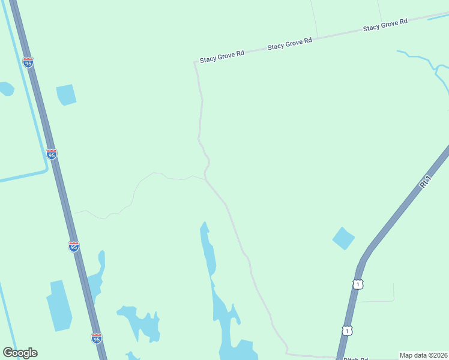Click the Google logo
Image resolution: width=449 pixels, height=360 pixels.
20,353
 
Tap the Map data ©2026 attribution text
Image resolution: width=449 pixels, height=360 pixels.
423,355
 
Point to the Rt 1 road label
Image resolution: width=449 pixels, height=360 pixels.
426,182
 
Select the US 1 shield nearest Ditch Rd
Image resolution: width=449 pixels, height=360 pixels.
346,331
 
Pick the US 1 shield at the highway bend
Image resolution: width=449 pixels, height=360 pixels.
358,284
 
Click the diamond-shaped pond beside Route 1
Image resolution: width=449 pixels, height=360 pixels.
343,238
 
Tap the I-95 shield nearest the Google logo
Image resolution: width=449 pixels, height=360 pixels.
96,338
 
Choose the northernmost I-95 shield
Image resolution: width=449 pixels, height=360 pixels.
28,62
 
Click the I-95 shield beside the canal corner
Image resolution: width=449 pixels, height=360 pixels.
52,154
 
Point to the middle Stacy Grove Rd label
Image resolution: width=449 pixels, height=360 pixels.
290,43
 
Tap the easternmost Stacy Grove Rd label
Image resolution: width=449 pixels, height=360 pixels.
385,25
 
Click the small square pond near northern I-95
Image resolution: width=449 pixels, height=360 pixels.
66,94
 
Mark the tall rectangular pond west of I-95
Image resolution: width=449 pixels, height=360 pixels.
59,306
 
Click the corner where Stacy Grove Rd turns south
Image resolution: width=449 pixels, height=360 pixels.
195,62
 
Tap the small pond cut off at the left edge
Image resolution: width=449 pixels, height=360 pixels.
5,89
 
